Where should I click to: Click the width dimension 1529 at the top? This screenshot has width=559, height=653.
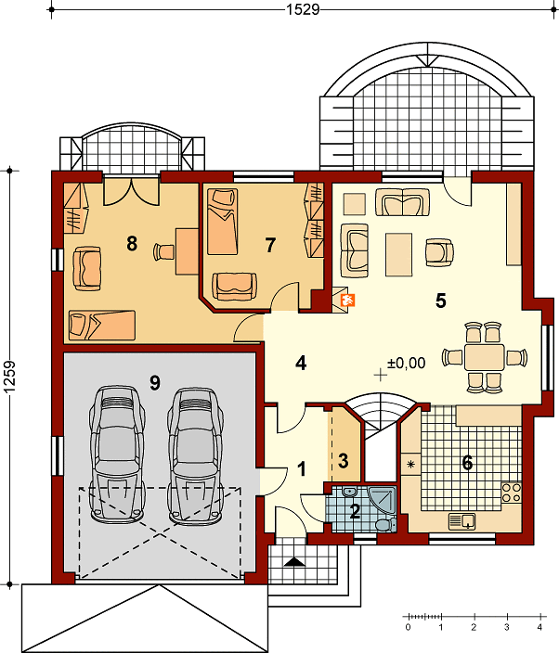[x=303, y=9]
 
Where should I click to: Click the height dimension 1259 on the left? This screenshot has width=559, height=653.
[x=9, y=377]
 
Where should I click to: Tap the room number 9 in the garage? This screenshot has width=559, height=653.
[x=155, y=382]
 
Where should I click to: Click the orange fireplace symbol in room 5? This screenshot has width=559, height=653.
[x=347, y=300]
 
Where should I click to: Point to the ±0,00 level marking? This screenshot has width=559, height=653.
[x=407, y=364]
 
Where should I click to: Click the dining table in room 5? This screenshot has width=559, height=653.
[x=485, y=357]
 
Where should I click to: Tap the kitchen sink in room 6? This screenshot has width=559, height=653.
[x=461, y=521]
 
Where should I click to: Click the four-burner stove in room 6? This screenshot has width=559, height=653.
[x=511, y=493]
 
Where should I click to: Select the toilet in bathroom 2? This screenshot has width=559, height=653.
[x=385, y=525]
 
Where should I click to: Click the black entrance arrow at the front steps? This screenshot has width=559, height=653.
[x=294, y=562]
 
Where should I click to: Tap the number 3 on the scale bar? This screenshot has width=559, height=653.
[x=506, y=627]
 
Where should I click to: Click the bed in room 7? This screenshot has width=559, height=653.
[x=223, y=222]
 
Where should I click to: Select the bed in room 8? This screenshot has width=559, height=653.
[x=102, y=326]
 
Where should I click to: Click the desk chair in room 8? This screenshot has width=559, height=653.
[x=163, y=251]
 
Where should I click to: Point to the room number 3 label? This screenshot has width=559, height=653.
[x=343, y=461]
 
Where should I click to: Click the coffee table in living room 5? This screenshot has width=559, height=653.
[x=399, y=254]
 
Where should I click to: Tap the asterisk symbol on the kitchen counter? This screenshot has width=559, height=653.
[x=410, y=464]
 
